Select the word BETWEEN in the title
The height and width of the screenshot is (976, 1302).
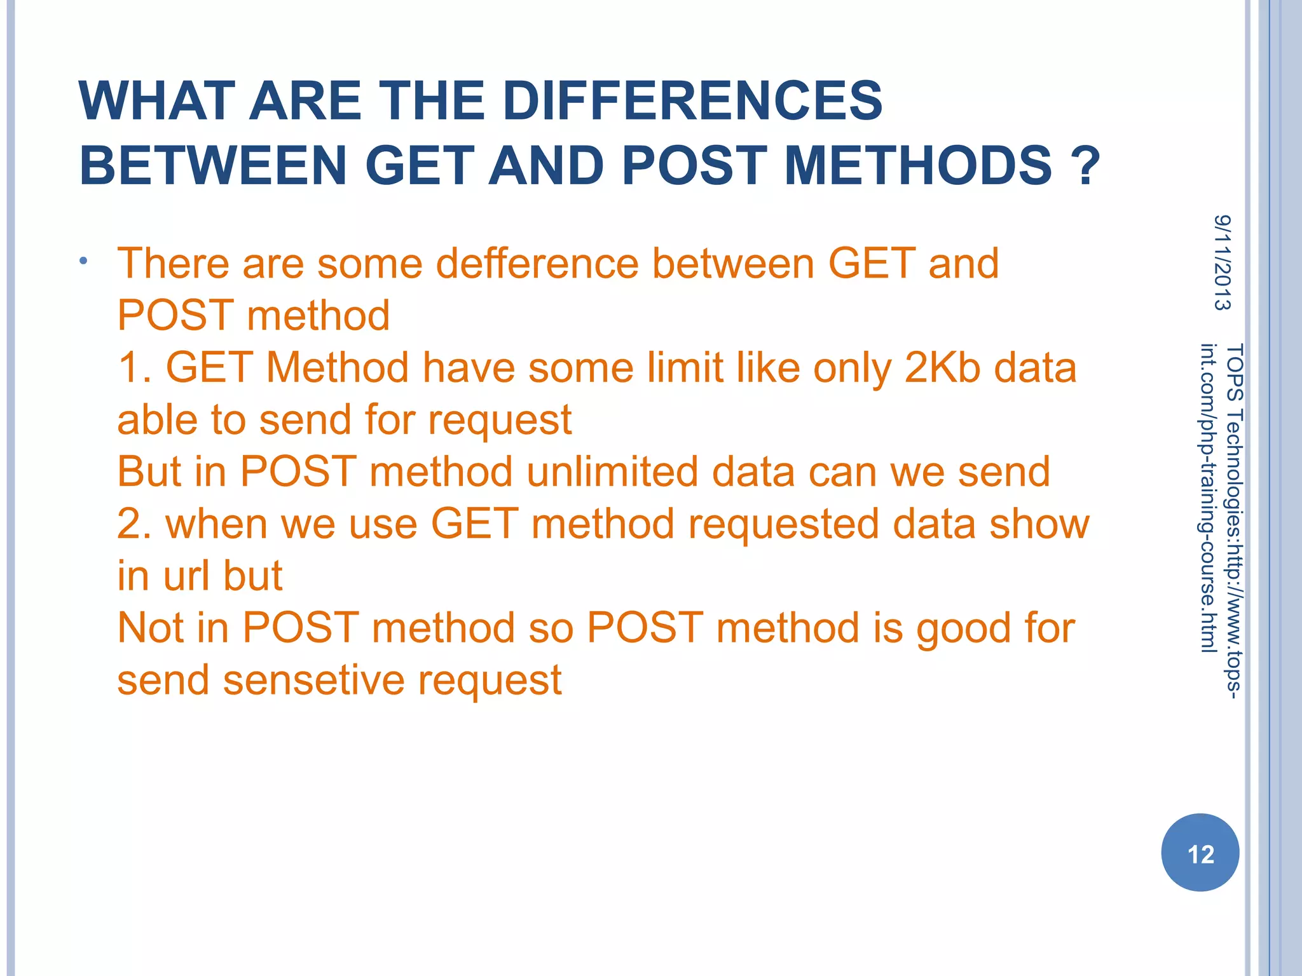pos(213,165)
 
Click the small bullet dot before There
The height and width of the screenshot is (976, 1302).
pos(83,261)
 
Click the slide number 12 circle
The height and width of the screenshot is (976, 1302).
pos(1200,853)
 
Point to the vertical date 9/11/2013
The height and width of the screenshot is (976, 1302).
pos(1222,262)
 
